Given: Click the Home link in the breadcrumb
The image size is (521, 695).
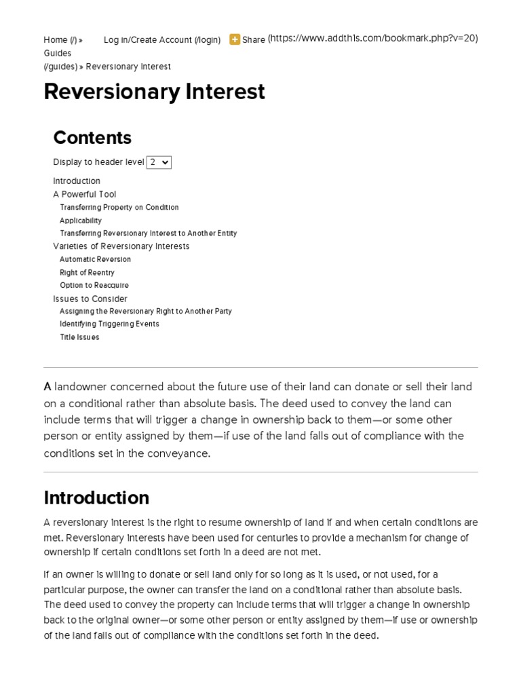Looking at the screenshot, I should tap(55, 40).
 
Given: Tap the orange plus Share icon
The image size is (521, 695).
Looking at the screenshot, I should tap(235, 39).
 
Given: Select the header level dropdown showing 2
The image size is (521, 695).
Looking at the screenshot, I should tap(159, 162).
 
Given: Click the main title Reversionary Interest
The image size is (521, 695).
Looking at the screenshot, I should tap(154, 92).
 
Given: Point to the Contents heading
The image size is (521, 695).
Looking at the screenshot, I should tap(92, 138).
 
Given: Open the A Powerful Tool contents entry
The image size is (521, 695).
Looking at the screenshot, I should tap(85, 194).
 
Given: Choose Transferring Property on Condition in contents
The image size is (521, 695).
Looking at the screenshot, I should tap(119, 208).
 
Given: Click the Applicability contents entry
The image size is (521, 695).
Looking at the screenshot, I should tap(81, 221).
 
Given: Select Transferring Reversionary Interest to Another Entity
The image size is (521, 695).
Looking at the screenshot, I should tap(149, 233).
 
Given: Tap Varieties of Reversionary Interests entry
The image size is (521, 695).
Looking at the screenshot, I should tap(121, 246).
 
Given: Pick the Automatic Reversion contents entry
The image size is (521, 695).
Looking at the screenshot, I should tap(96, 259).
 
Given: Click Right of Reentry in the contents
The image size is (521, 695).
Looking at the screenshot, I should tap(87, 273).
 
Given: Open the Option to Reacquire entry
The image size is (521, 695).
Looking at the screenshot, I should tap(94, 286).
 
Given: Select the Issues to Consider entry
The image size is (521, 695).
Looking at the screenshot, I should tap(90, 299).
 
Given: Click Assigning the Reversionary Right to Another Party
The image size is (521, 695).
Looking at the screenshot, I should tap(146, 312).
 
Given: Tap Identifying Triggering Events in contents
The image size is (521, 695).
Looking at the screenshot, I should tap(109, 324).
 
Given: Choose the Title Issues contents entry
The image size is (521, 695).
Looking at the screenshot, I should tap(79, 337).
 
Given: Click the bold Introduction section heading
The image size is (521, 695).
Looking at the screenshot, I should tap(96, 497).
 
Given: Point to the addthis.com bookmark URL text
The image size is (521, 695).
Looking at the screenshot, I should tap(372, 39).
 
